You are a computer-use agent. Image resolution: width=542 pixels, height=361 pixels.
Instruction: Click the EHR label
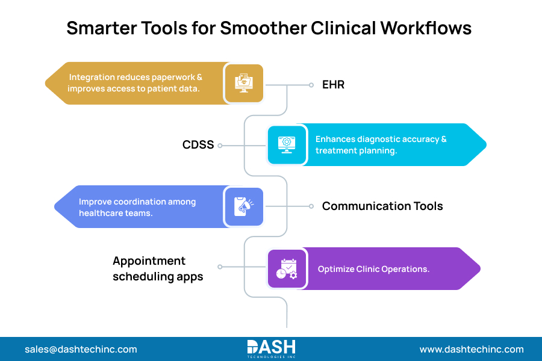tap(333, 85)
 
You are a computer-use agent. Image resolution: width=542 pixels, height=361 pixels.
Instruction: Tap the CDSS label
tap(198, 145)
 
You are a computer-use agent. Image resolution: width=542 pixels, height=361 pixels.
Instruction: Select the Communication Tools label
tap(382, 206)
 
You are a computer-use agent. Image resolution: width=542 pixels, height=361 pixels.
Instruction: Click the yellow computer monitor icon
tap(244, 84)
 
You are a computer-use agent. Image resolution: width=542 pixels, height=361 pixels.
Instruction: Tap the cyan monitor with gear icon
tap(286, 144)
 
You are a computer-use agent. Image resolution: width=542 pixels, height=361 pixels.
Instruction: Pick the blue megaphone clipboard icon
tap(244, 206)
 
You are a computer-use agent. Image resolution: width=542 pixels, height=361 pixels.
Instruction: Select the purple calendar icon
tap(286, 268)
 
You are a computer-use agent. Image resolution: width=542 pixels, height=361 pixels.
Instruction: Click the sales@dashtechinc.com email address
tap(81, 349)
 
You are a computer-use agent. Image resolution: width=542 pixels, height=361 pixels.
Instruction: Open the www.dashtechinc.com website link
tap(472, 349)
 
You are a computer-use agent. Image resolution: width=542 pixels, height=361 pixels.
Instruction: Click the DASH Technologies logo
tap(271, 348)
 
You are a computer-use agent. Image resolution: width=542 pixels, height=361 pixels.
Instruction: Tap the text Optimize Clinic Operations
tap(373, 269)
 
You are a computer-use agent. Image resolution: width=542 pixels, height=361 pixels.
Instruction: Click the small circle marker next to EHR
tap(311, 85)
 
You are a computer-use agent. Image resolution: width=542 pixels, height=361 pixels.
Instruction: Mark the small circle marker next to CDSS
tap(220, 146)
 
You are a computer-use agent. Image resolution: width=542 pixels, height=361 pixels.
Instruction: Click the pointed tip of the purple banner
tap(479, 268)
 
